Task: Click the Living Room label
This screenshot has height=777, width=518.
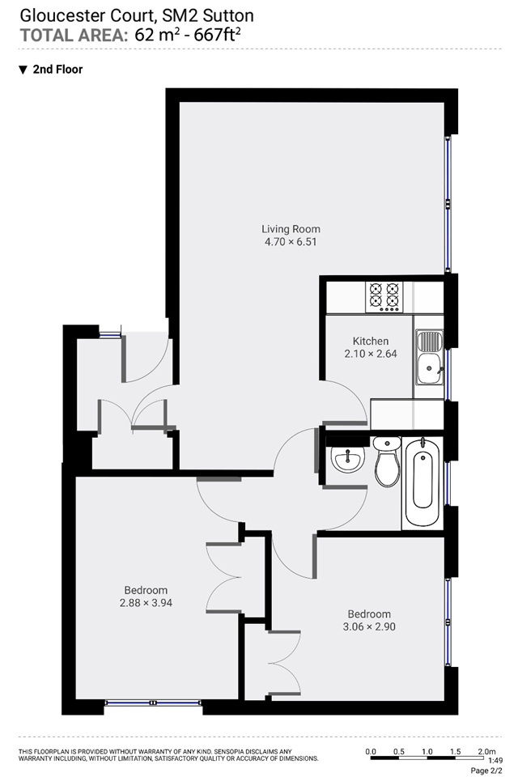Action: [291, 229]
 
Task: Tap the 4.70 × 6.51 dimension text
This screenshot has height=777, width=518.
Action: [291, 242]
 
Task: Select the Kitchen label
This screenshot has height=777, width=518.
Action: [370, 341]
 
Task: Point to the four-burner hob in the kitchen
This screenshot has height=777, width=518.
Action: [384, 297]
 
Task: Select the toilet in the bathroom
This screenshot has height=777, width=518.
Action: [387, 462]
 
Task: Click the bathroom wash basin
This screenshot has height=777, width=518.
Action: [348, 459]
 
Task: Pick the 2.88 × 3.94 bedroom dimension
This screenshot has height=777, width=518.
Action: [146, 602]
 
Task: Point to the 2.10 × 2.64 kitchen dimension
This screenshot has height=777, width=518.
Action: [370, 354]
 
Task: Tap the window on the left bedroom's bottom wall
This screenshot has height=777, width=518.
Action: [153, 703]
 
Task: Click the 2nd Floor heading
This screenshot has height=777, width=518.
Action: [57, 70]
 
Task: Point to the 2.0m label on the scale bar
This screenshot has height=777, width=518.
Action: [486, 752]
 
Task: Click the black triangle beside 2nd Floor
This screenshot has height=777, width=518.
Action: [23, 70]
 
